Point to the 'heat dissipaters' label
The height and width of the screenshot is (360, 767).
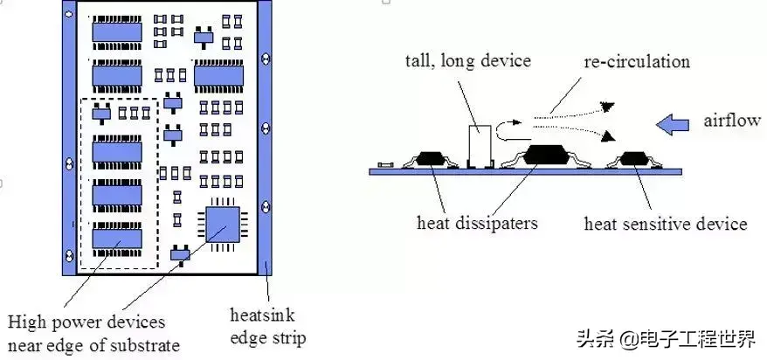click(477, 223)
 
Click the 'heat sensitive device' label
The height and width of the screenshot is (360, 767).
click(665, 224)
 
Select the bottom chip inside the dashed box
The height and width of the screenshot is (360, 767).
click(117, 236)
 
